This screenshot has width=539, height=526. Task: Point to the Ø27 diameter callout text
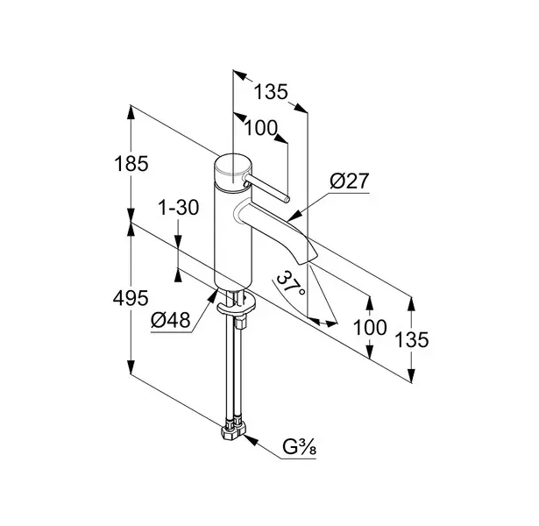[x=350, y=181]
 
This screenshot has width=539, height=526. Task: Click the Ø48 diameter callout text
[x=170, y=321]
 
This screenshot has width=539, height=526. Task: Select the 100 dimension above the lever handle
[x=259, y=129]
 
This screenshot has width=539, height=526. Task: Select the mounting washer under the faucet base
[x=238, y=306]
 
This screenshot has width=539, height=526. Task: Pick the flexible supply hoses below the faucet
[x=234, y=368]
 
